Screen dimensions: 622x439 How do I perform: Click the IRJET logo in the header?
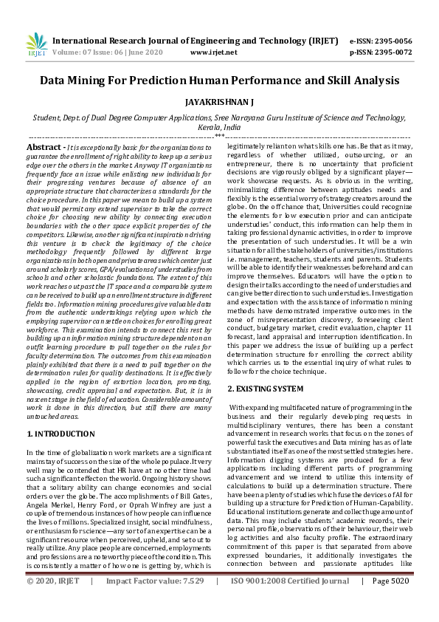click(36, 46)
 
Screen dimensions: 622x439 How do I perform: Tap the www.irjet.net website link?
click(213, 52)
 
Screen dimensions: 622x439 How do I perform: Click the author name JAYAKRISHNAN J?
click(219, 103)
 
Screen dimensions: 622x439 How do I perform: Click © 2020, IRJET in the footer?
click(53, 602)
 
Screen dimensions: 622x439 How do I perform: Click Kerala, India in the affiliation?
click(219, 127)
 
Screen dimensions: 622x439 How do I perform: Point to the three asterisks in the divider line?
click(219, 137)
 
